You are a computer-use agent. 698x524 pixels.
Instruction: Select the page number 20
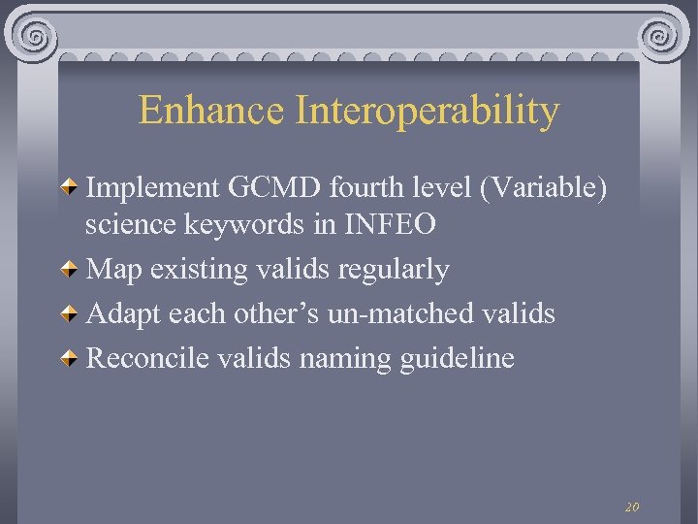click(x=632, y=507)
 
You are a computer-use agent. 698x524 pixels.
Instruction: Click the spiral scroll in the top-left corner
click(x=35, y=38)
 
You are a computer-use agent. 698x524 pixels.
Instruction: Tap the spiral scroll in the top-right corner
click(x=662, y=38)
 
